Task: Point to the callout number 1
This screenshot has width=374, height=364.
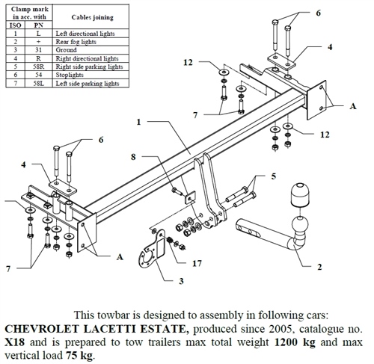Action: click(x=139, y=121)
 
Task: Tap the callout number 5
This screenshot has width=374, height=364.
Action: click(x=274, y=176)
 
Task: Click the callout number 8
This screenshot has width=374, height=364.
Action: click(x=134, y=158)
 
